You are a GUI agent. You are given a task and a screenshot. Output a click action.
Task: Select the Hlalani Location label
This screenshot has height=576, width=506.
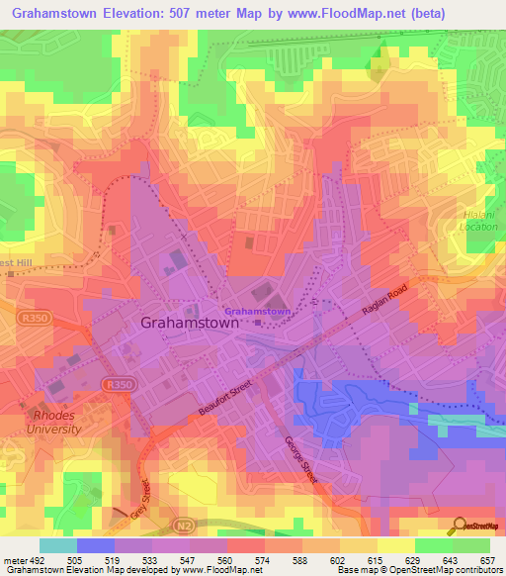478,220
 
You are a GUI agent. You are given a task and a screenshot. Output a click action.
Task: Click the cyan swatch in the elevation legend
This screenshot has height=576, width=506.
58,545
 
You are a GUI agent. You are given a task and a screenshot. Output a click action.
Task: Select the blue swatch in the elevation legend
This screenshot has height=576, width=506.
96,545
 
